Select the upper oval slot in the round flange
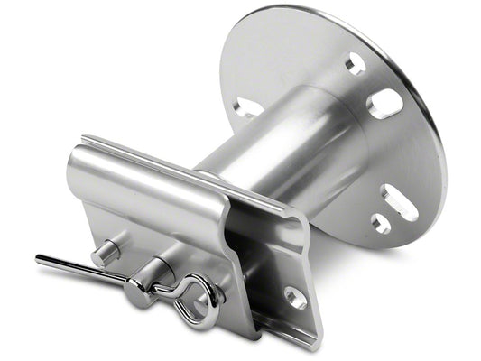click(x=385, y=103)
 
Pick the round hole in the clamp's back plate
click(x=295, y=297)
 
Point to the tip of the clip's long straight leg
click(x=42, y=260)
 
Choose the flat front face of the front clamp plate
click(x=153, y=217)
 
